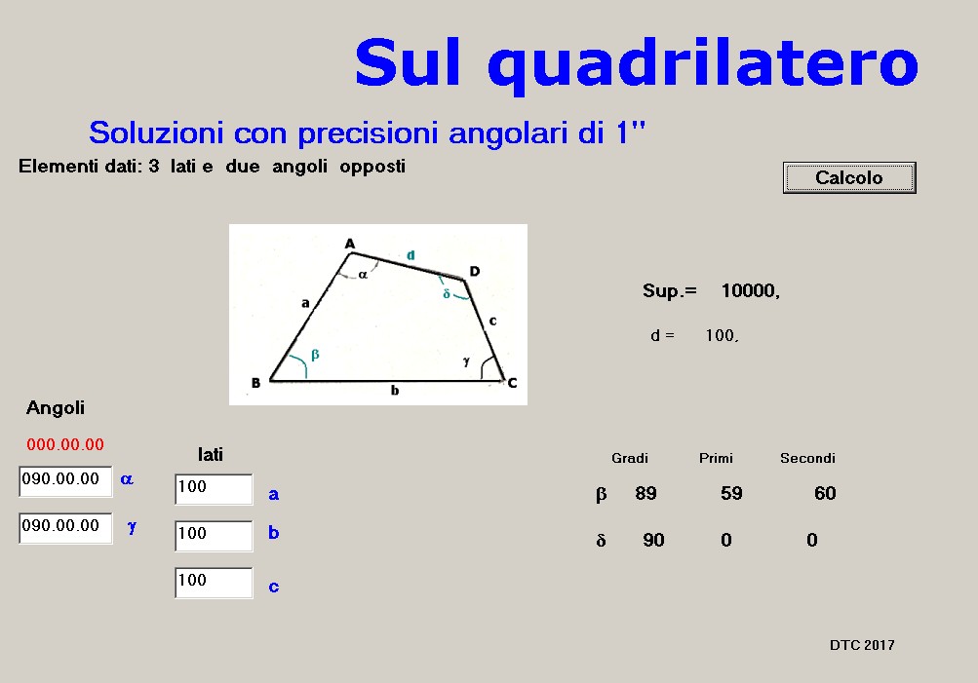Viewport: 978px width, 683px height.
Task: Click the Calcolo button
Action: [849, 177]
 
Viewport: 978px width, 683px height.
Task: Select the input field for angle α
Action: [65, 481]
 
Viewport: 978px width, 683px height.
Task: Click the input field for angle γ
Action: [65, 528]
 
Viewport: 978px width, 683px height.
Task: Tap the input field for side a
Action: [214, 489]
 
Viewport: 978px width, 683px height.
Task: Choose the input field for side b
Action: [214, 536]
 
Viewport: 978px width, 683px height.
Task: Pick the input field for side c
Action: [214, 583]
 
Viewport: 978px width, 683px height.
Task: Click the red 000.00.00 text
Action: [65, 444]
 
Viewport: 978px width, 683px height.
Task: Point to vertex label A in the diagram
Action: [350, 243]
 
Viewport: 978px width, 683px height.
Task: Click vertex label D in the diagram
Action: [475, 271]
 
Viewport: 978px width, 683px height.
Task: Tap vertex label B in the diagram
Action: [255, 383]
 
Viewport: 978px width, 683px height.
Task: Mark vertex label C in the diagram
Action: [512, 383]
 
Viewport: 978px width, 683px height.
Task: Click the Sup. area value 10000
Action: [751, 291]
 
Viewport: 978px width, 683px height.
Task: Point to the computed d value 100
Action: [722, 336]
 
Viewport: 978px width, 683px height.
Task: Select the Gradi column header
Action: [630, 458]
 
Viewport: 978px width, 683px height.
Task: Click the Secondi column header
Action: [807, 458]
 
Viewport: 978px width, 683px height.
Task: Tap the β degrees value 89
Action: [645, 494]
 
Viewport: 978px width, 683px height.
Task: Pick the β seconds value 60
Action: [825, 494]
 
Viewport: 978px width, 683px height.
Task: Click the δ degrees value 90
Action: [653, 540]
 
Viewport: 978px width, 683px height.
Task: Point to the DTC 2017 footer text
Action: [862, 645]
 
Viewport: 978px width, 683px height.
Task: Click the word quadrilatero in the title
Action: [703, 63]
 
